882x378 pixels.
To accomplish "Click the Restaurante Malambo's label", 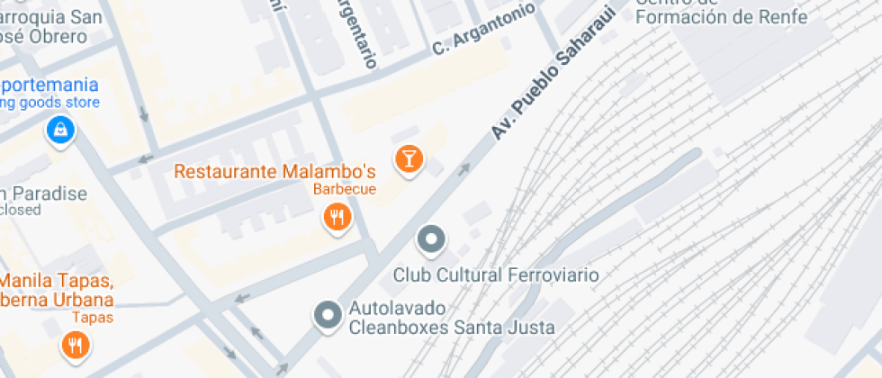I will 274,171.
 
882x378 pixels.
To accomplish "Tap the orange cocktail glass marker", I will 409,159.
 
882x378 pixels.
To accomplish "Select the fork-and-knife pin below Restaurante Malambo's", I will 337,216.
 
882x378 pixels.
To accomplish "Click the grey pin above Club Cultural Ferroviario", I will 432,239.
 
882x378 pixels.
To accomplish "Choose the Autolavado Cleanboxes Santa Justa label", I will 452,317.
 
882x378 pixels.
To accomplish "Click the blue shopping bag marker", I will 60,130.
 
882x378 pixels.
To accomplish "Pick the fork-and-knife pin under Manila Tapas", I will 75,344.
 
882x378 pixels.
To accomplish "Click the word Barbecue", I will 344,190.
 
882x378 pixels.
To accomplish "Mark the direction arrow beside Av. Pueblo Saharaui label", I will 464,167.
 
